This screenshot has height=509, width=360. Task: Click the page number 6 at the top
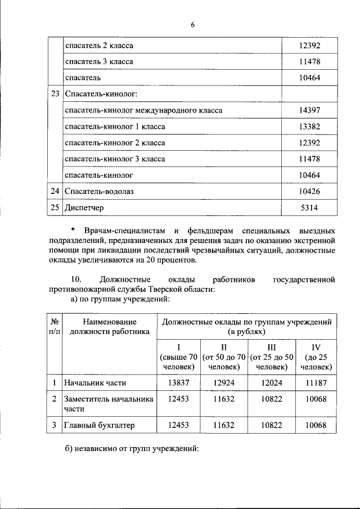click(192, 25)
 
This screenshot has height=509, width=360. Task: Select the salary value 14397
click(309, 110)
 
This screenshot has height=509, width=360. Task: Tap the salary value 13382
click(309, 127)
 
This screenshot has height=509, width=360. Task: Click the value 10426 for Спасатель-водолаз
click(309, 191)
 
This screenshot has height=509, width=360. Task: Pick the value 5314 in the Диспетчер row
click(309, 208)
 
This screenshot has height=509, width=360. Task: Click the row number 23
click(55, 94)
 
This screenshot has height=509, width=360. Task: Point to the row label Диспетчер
click(85, 208)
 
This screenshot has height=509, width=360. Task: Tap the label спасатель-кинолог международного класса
click(143, 110)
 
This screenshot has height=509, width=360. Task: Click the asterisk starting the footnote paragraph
click(73, 231)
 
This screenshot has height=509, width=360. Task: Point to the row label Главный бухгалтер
click(100, 425)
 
